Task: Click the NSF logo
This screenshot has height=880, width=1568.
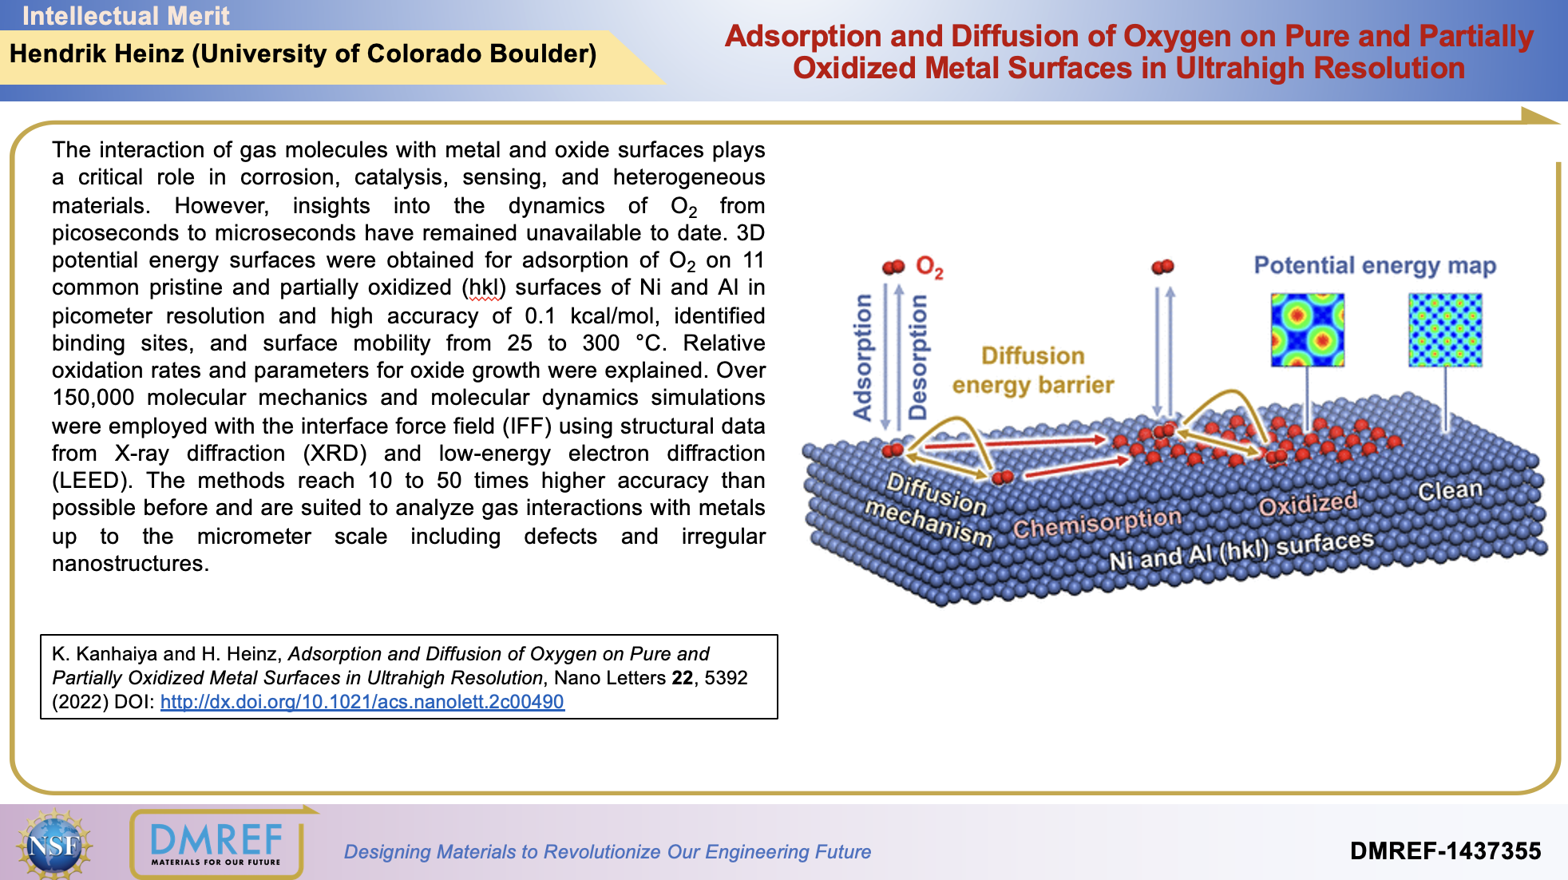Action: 54,844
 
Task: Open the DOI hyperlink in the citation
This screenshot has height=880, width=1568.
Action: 362,702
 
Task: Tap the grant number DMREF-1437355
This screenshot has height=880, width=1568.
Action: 1445,850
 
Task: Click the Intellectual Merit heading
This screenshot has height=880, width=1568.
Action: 125,15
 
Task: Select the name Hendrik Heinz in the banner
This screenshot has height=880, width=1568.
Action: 97,54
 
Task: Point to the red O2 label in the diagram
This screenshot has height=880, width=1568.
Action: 929,268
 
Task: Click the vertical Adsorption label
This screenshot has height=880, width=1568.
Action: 862,357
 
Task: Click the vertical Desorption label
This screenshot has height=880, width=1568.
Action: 918,357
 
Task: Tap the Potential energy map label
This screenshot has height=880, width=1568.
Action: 1375,265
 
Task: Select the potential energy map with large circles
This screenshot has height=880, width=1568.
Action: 1307,330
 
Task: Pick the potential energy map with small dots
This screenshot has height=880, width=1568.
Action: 1445,330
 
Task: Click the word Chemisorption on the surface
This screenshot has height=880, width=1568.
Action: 1097,523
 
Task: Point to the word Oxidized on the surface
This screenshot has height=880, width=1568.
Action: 1308,503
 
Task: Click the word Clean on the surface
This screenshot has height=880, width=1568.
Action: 1450,490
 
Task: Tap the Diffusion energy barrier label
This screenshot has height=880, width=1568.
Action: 1033,371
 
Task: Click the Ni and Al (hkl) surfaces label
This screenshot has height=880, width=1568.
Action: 1241,550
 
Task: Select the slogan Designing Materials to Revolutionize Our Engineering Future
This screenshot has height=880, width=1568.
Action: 607,851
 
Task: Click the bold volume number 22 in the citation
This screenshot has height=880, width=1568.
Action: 682,678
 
